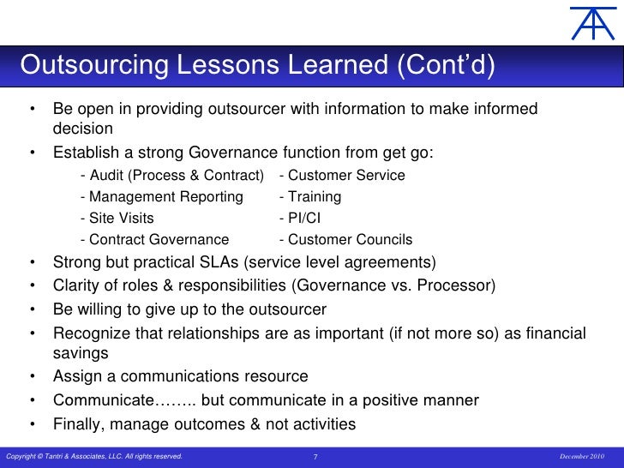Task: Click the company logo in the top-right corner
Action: (593, 23)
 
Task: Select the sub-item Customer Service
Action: (342, 176)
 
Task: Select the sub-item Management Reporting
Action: (161, 197)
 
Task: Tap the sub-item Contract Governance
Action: (154, 240)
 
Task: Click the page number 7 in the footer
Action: (315, 457)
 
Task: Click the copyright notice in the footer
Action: (93, 457)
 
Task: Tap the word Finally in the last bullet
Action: (80, 423)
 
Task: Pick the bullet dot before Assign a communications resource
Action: (32, 377)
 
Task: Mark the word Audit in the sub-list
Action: (108, 176)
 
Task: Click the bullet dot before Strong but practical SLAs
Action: (32, 262)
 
